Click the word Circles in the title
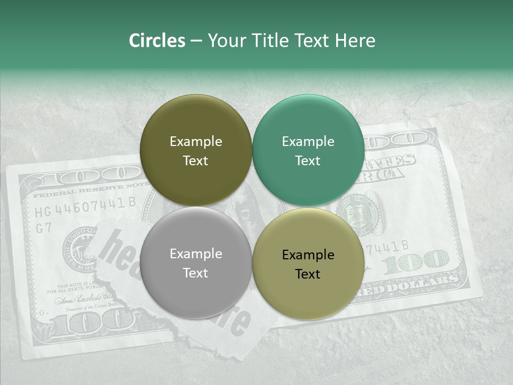157,41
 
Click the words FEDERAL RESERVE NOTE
85,189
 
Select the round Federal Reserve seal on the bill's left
79,247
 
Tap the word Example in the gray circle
196,254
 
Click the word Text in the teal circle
308,160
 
